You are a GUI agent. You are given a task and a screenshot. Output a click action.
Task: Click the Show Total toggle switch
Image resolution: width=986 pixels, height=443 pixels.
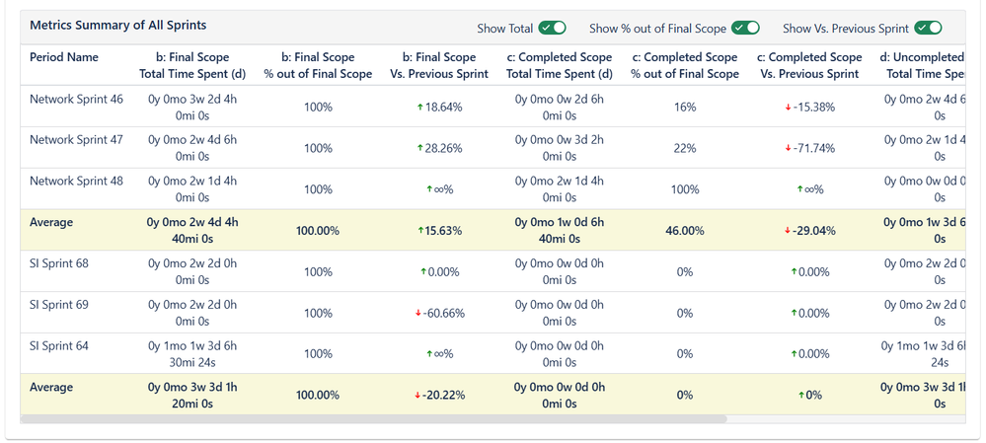pyautogui.click(x=553, y=28)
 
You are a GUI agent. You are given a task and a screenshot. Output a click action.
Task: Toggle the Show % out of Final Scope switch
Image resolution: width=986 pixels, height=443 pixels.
pyautogui.click(x=745, y=28)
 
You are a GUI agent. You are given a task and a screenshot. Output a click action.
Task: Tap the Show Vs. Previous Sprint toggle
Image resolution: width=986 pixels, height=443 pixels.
pyautogui.click(x=928, y=28)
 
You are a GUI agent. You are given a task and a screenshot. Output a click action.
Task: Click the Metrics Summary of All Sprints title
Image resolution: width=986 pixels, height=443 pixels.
pyautogui.click(x=117, y=25)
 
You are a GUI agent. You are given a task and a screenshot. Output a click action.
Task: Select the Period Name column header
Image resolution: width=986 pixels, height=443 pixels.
pyautogui.click(x=64, y=57)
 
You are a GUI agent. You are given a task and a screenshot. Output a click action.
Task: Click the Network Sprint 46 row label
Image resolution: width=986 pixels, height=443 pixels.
pyautogui.click(x=76, y=99)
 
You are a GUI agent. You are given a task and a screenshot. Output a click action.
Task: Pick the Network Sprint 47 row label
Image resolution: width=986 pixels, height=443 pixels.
pyautogui.click(x=76, y=140)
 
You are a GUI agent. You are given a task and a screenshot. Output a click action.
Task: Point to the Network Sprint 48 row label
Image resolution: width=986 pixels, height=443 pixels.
pyautogui.click(x=76, y=182)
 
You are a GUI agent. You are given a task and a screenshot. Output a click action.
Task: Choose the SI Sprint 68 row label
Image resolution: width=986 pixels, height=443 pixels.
pyautogui.click(x=59, y=263)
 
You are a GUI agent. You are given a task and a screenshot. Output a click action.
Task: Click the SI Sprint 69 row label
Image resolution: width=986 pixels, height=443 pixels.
pyautogui.click(x=59, y=305)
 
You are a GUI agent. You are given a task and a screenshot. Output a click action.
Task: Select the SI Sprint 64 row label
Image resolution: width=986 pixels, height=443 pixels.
pyautogui.click(x=59, y=346)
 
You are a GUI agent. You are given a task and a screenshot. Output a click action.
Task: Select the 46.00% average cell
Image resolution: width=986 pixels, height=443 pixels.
pyautogui.click(x=685, y=231)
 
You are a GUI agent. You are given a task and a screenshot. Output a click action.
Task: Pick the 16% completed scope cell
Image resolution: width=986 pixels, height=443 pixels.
pyautogui.click(x=685, y=107)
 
